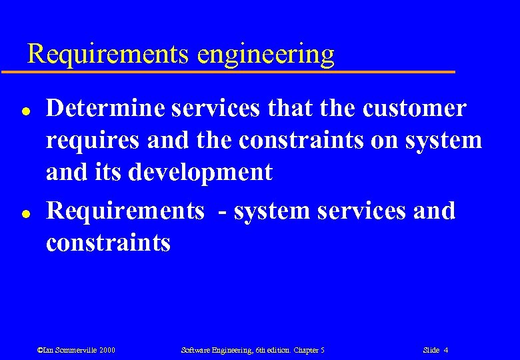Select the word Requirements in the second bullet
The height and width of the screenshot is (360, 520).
(125, 211)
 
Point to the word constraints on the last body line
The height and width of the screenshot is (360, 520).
(108, 243)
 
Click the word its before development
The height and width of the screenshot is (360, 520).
(110, 172)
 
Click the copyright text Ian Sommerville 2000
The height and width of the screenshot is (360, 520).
(76, 350)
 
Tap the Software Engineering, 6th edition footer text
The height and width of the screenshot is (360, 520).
(252, 350)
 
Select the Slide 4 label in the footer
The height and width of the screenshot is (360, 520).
(435, 350)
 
